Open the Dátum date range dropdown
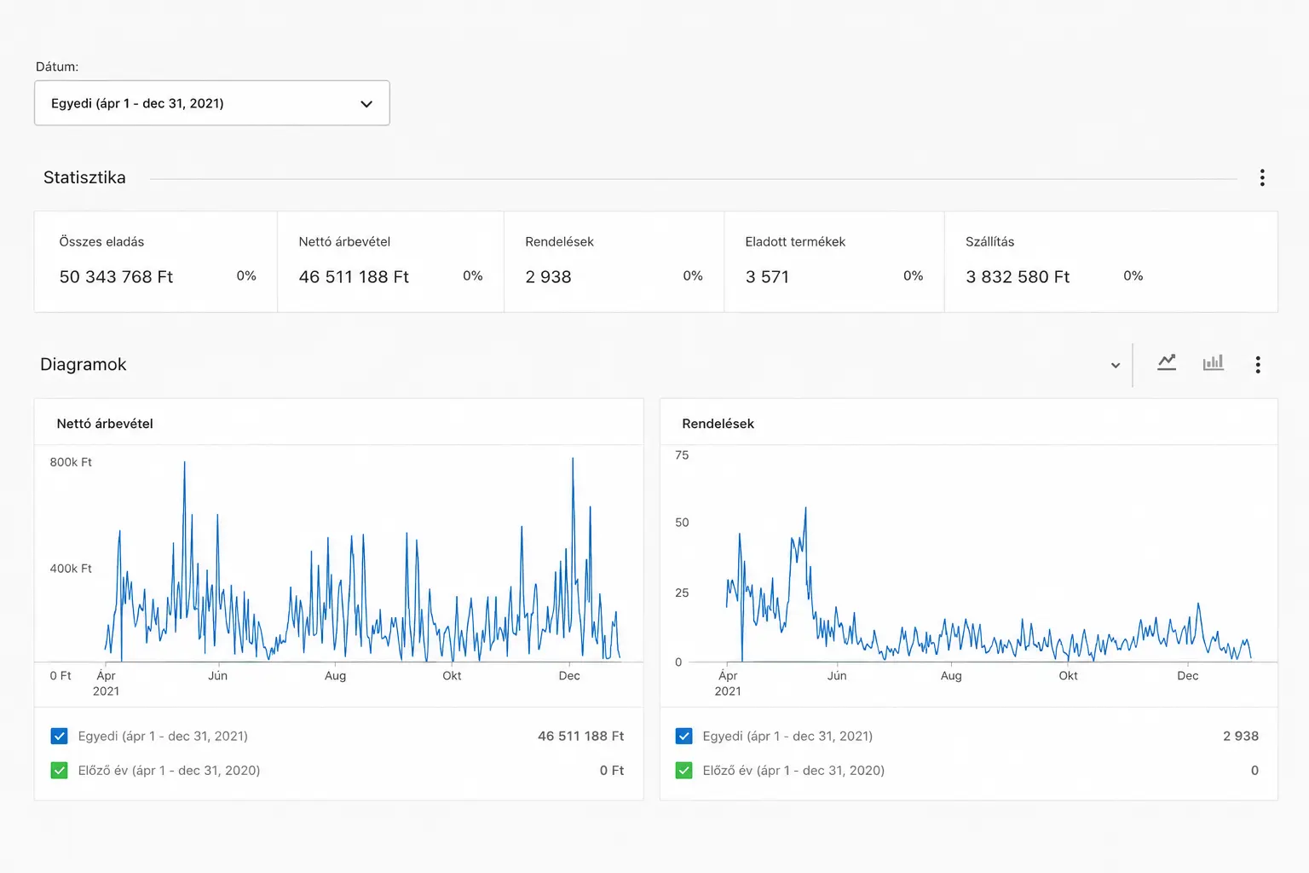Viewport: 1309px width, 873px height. pyautogui.click(x=211, y=103)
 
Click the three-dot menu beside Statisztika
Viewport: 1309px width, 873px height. pyautogui.click(x=1262, y=177)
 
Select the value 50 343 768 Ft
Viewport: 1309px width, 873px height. pyautogui.click(x=116, y=276)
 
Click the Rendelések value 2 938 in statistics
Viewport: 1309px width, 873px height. pyautogui.click(x=548, y=276)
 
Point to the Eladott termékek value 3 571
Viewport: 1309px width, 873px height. pyautogui.click(x=767, y=276)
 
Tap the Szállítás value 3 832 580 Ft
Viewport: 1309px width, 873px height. pyautogui.click(x=1018, y=276)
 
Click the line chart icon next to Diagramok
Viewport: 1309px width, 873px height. pyautogui.click(x=1167, y=362)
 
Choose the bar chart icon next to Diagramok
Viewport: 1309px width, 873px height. pyautogui.click(x=1214, y=362)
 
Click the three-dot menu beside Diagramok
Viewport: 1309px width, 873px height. pyautogui.click(x=1258, y=364)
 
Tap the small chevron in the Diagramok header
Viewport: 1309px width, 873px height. pyautogui.click(x=1115, y=366)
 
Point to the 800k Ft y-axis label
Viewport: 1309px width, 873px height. pyautogui.click(x=71, y=462)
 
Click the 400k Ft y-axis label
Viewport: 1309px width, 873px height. pyautogui.click(x=71, y=569)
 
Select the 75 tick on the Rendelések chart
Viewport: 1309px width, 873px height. pyautogui.click(x=682, y=455)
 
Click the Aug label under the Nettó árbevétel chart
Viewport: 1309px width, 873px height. pyautogui.click(x=336, y=676)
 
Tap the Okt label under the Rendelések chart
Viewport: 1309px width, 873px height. pyautogui.click(x=1068, y=675)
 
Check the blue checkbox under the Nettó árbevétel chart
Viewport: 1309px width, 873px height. pyautogui.click(x=59, y=736)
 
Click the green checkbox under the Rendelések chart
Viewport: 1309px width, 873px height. pyautogui.click(x=683, y=770)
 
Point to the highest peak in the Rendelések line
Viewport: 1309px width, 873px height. pyautogui.click(x=806, y=507)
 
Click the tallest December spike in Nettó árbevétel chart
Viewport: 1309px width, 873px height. pyautogui.click(x=573, y=459)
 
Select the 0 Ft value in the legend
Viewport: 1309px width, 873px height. pyautogui.click(x=611, y=770)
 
